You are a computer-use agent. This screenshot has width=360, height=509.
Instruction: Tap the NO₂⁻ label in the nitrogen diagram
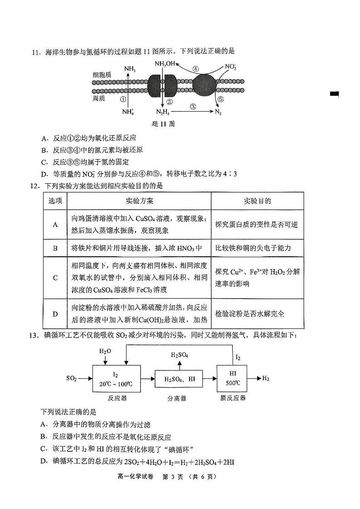point(231,67)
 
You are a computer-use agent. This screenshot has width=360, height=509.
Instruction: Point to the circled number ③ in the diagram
point(193,107)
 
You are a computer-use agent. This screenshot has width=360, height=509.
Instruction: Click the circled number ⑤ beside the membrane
point(220,99)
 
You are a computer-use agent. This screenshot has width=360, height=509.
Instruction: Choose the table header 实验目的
point(257,201)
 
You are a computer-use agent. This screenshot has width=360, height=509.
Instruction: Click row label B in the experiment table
point(55,248)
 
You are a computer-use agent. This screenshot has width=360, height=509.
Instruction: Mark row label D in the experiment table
point(55,313)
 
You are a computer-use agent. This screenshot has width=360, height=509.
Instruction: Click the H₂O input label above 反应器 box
point(105,351)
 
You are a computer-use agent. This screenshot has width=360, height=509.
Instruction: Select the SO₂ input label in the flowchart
point(72,378)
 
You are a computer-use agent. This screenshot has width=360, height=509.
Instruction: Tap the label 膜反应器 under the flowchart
point(233,398)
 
